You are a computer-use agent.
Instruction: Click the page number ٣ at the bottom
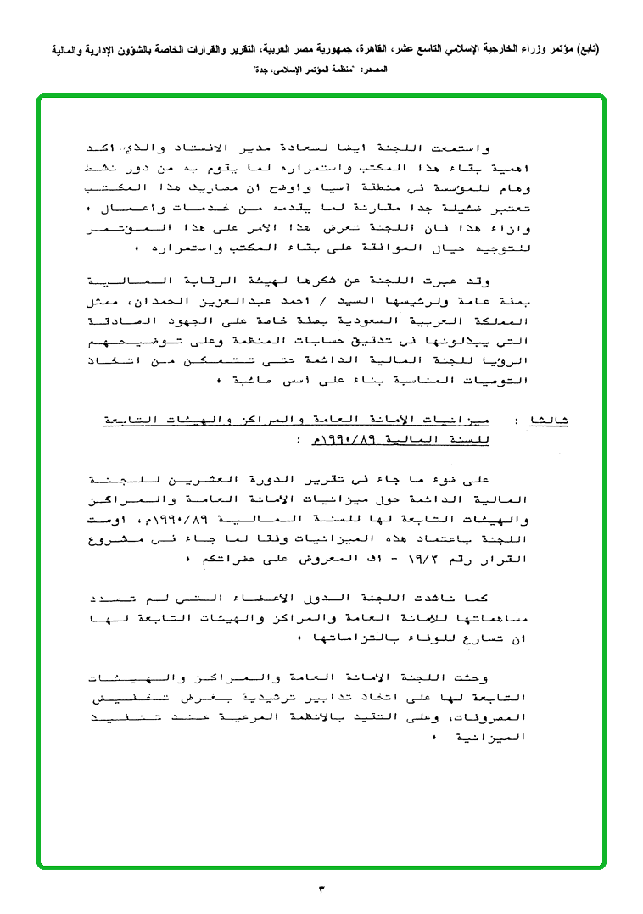click(x=321, y=889)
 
